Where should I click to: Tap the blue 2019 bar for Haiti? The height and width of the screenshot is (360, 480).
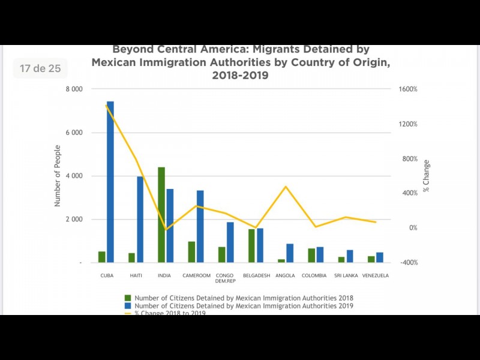click(x=140, y=220)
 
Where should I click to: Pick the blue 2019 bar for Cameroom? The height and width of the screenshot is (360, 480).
click(x=200, y=226)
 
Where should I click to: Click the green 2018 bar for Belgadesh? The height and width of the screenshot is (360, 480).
click(x=252, y=246)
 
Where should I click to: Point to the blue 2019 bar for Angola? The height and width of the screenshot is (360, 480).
click(x=290, y=253)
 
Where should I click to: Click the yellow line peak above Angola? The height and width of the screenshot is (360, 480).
click(x=286, y=187)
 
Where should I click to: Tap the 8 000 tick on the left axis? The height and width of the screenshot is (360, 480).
click(x=74, y=89)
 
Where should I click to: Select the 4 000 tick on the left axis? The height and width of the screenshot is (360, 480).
click(x=74, y=176)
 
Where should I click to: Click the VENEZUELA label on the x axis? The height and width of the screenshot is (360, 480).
click(x=376, y=276)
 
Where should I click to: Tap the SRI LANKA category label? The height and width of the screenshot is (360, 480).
click(x=346, y=276)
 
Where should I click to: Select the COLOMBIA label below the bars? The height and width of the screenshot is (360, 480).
click(x=314, y=276)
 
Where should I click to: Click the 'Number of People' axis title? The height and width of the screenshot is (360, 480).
click(x=58, y=176)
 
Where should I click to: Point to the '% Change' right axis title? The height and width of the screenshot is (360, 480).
click(x=427, y=176)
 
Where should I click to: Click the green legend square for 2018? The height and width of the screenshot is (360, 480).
click(x=127, y=298)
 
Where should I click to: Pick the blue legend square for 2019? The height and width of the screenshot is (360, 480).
click(x=127, y=306)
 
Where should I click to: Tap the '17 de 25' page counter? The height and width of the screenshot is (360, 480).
click(x=40, y=68)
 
